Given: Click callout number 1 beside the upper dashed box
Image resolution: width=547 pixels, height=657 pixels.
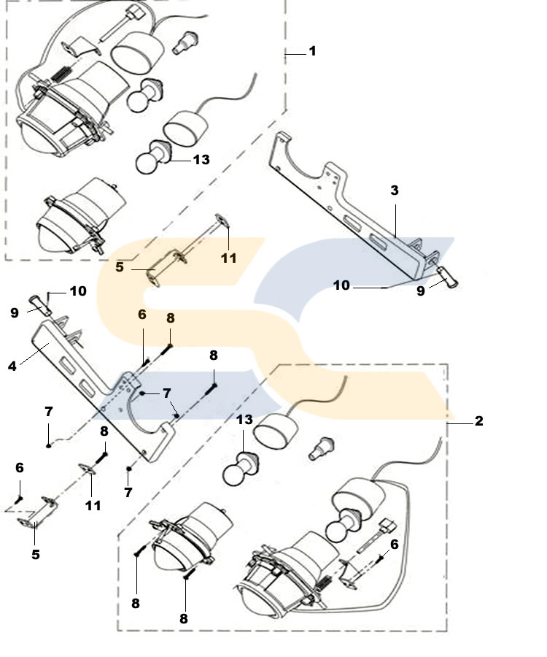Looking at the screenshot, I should (x=312, y=51).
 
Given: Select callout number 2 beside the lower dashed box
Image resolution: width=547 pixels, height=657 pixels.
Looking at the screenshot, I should (x=478, y=421).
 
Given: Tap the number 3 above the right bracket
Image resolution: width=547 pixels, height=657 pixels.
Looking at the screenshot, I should (x=394, y=191).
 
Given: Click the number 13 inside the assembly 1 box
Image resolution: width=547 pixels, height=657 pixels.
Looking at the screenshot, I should (x=201, y=158).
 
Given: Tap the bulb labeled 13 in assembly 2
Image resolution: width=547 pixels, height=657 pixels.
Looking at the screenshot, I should (x=241, y=466).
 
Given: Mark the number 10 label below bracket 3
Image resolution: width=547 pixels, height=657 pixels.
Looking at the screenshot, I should (x=342, y=285).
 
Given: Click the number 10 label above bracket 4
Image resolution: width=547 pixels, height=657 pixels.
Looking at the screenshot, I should (x=77, y=291).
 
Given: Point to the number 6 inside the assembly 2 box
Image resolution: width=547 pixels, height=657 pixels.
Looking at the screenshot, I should (x=394, y=543).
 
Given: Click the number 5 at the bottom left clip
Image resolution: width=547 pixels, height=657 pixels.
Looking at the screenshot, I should (x=35, y=554).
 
